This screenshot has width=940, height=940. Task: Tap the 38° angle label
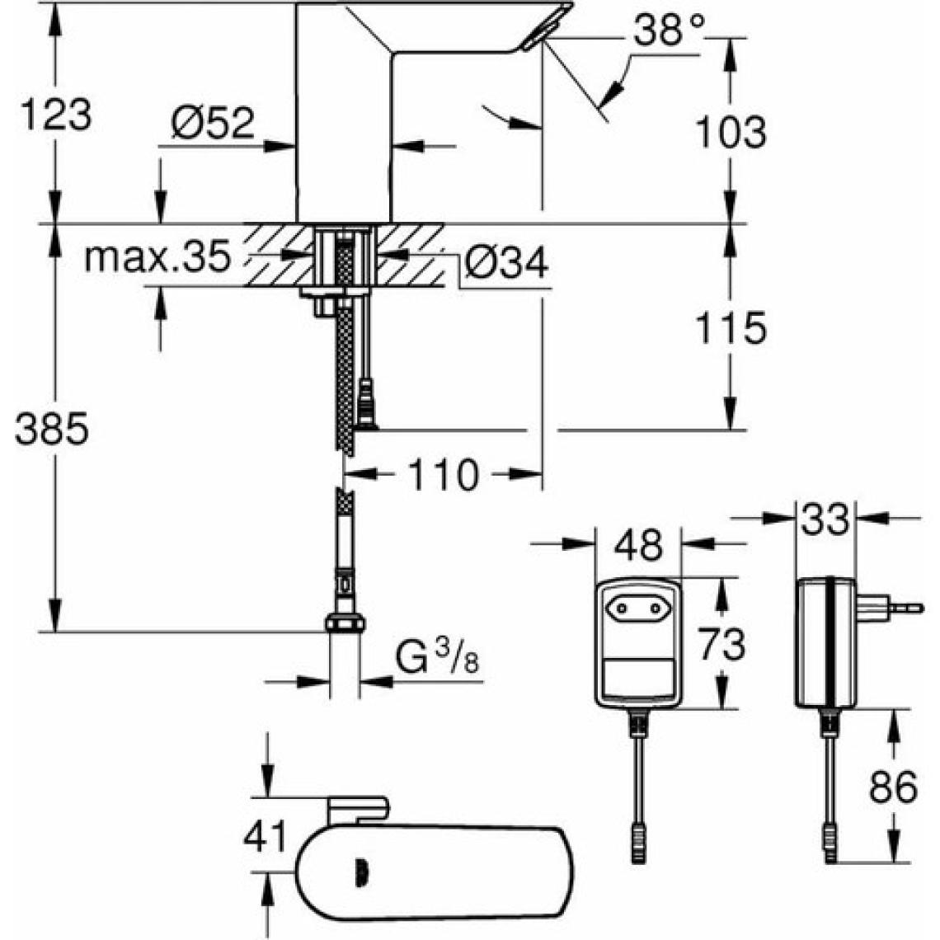(x=670, y=32)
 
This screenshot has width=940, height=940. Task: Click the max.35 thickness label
(x=157, y=257)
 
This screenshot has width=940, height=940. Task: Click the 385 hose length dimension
(x=51, y=430)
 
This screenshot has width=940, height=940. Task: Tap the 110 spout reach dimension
(x=442, y=475)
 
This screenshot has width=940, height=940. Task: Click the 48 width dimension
(x=639, y=545)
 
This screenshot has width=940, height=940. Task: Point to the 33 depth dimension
(x=825, y=519)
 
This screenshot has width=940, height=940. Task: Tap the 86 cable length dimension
(x=893, y=787)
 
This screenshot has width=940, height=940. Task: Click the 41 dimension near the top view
(x=266, y=836)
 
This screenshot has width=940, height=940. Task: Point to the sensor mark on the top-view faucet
(x=360, y=869)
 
